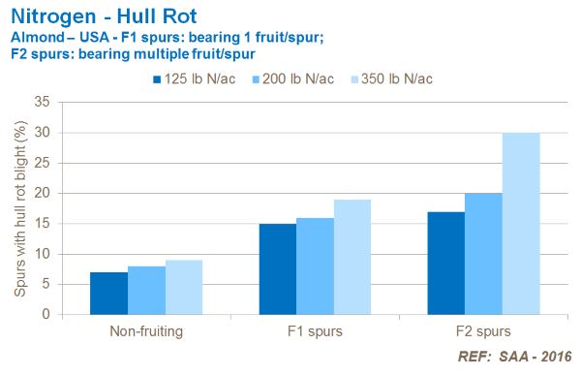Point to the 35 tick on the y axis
point(42,102)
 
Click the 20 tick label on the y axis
point(42,193)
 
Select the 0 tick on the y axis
point(45,315)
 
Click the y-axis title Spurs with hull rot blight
point(16,207)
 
